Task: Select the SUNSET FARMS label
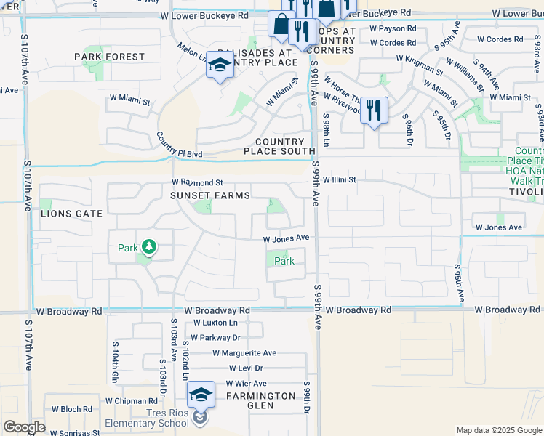(x=210, y=195)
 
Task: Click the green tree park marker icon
(x=148, y=248)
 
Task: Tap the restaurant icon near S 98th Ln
(x=373, y=110)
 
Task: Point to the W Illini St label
(x=340, y=179)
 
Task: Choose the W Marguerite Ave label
(x=244, y=353)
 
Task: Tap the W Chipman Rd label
(x=131, y=400)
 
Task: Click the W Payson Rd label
(x=392, y=28)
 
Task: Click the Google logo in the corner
(x=24, y=427)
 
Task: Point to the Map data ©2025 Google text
(x=498, y=430)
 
